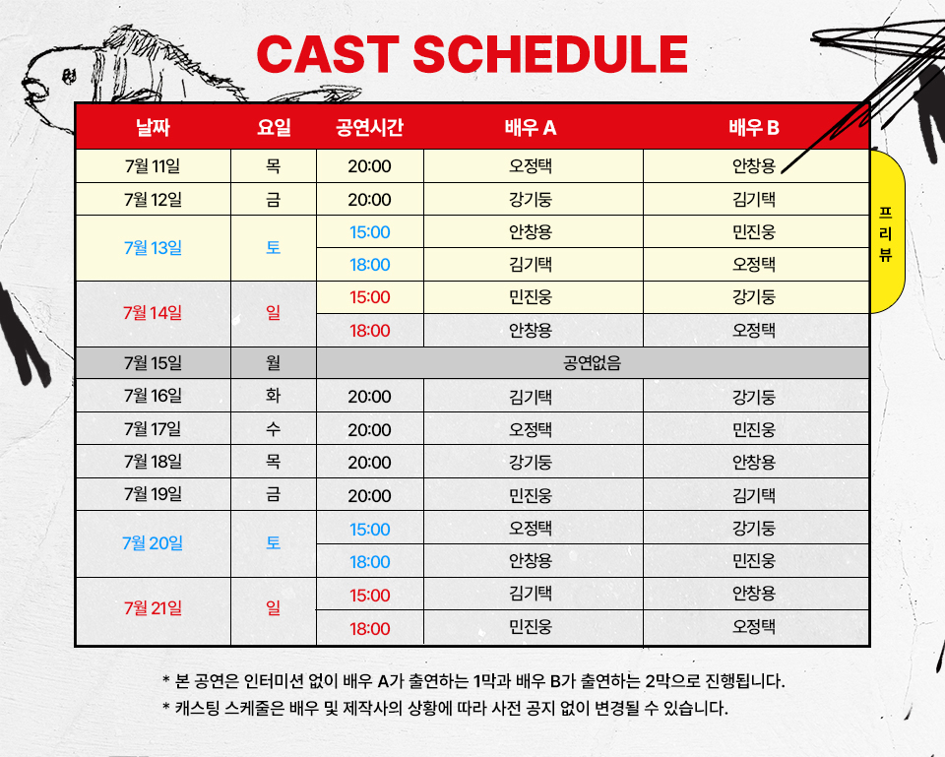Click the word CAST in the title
[328, 53]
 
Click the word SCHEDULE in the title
[550, 53]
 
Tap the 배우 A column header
[531, 128]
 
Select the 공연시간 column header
[369, 128]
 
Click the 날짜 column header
[154, 128]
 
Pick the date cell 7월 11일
[153, 165]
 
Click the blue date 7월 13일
[154, 248]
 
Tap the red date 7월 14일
[153, 313]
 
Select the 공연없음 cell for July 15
[592, 363]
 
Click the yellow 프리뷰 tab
[886, 232]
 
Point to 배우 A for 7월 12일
[531, 200]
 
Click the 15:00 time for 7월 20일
[369, 530]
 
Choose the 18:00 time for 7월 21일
[369, 629]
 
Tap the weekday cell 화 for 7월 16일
[273, 396]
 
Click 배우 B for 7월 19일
[753, 495]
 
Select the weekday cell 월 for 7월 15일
[273, 363]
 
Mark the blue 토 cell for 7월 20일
[273, 543]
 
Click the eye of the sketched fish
[69, 76]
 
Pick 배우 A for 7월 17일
[531, 429]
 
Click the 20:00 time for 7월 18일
[369, 463]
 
